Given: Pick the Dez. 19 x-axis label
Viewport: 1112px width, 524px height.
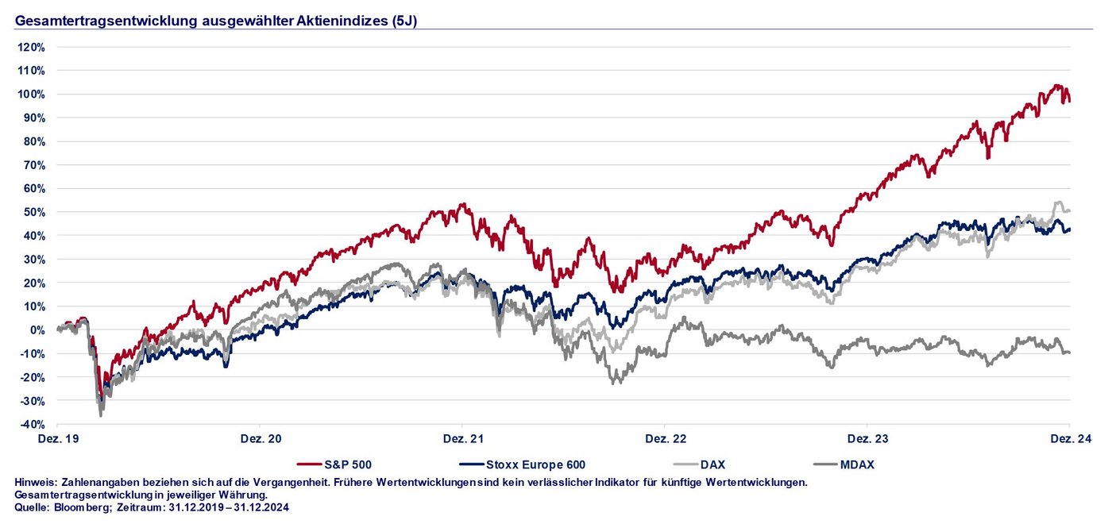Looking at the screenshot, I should point(58,438).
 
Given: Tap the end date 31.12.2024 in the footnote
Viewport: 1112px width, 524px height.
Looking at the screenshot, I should point(262,507).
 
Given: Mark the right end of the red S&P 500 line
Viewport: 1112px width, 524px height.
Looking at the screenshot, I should point(1069,101).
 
